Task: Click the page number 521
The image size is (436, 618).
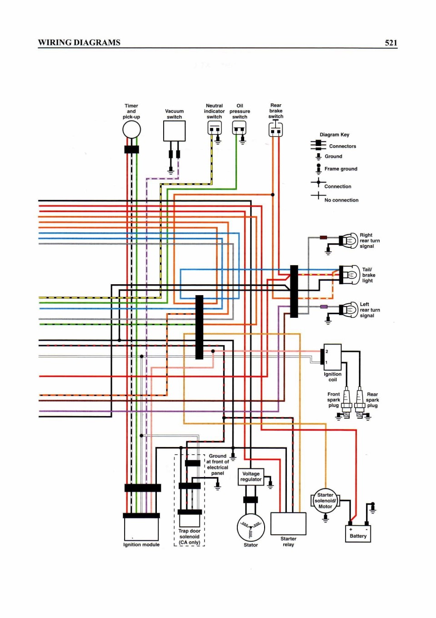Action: click(391, 43)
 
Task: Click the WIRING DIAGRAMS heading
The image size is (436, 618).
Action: click(79, 42)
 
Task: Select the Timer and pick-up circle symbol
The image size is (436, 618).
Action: click(131, 130)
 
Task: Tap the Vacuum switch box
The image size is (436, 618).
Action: click(174, 131)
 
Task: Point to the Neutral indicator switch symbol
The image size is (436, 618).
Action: click(215, 128)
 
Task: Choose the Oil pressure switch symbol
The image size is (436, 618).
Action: click(239, 128)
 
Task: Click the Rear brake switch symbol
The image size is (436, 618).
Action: click(276, 130)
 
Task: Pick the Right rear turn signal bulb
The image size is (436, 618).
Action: click(349, 240)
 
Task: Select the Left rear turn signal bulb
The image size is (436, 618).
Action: click(349, 310)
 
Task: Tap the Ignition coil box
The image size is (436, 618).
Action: click(332, 357)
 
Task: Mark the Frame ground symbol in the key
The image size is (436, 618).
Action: click(319, 169)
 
